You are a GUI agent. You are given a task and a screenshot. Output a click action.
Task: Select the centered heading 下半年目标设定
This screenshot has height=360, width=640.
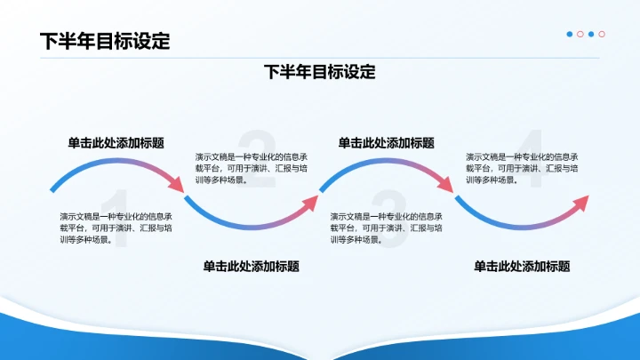click(320, 72)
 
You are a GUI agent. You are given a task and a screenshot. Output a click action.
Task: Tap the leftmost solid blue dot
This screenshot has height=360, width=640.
click(570, 35)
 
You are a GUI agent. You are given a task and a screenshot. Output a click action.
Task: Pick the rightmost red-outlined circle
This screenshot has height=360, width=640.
click(602, 35)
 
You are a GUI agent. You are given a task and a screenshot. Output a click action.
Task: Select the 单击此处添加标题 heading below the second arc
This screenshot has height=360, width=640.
click(251, 266)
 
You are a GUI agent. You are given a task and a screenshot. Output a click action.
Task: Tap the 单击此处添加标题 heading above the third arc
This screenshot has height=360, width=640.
click(387, 142)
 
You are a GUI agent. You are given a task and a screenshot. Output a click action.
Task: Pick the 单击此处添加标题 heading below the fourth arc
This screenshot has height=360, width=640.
click(522, 266)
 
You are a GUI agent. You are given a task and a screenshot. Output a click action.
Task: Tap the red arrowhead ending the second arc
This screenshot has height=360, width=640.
click(311, 201)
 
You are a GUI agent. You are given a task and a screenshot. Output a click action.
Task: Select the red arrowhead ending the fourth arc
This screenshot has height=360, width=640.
click(582, 201)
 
